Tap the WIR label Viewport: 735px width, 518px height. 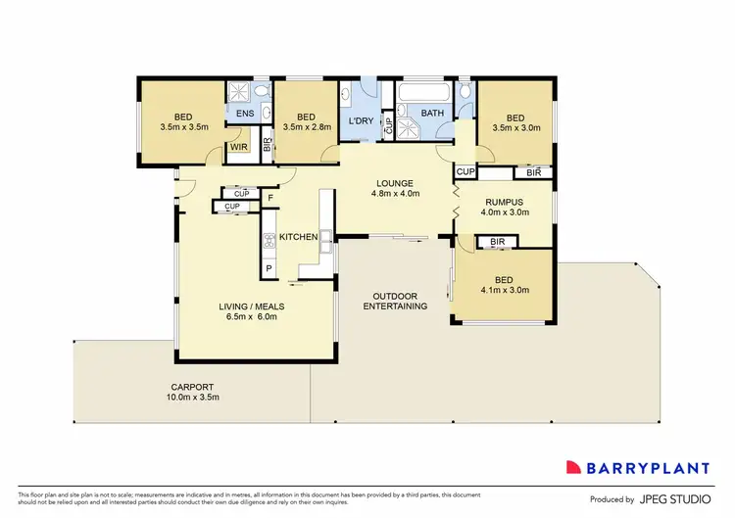click(x=238, y=148)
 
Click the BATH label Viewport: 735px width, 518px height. click(x=432, y=113)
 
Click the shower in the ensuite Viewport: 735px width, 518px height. click(x=240, y=92)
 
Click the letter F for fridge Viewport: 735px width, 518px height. click(x=271, y=200)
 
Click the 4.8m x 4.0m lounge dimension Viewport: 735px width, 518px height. click(x=395, y=194)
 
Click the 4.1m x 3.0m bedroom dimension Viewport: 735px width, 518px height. click(x=504, y=291)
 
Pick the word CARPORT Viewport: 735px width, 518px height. click(x=193, y=387)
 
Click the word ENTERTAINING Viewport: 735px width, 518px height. click(x=395, y=306)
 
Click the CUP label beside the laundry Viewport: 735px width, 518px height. click(x=388, y=125)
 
